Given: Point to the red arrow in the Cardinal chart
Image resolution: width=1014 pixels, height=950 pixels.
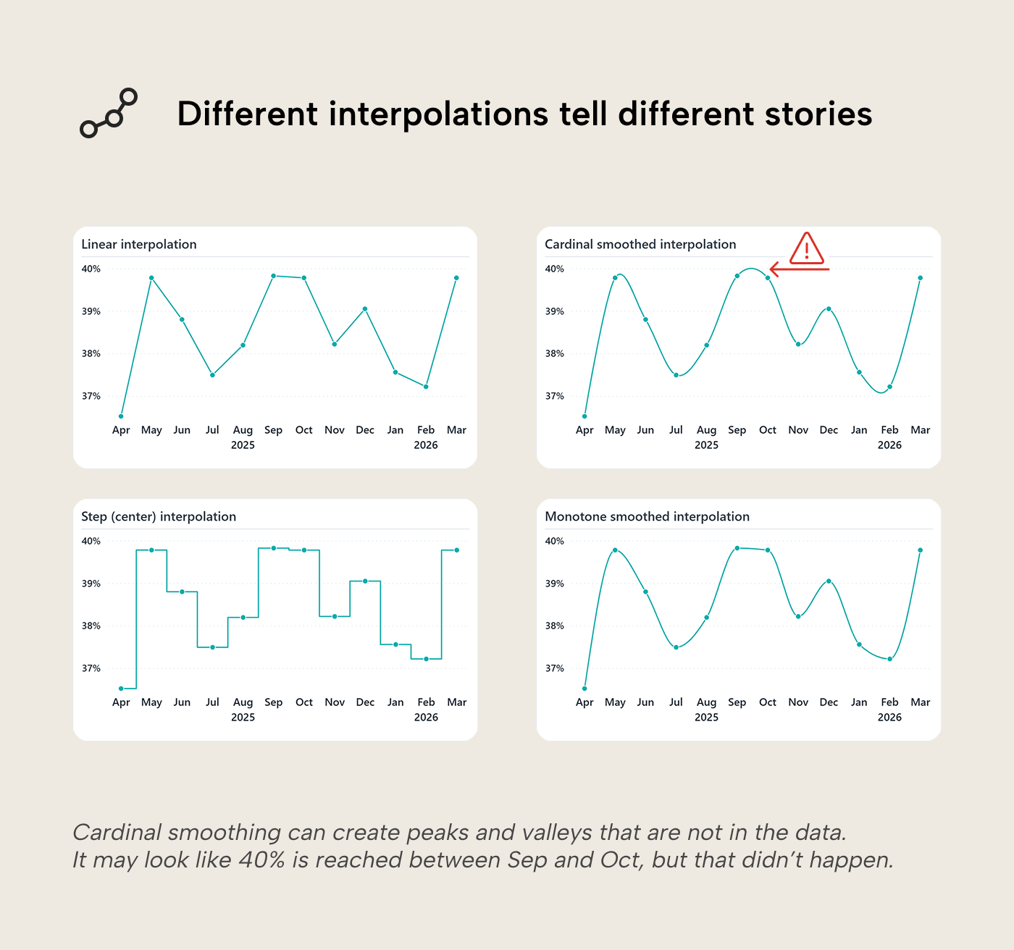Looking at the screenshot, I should (799, 269).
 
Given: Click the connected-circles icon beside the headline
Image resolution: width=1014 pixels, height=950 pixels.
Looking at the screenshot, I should (109, 114).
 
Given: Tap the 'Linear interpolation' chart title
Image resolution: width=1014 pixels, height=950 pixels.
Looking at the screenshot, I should (139, 245).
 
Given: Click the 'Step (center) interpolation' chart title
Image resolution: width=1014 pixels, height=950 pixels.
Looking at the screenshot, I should (159, 517).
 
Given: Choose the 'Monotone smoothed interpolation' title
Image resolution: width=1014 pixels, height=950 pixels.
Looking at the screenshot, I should (647, 517).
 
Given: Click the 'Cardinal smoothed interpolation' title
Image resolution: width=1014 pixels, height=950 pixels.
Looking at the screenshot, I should (640, 245).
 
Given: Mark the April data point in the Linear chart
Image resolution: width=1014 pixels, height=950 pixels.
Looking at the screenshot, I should (121, 416).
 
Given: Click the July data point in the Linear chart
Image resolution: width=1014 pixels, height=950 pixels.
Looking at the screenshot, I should (212, 375).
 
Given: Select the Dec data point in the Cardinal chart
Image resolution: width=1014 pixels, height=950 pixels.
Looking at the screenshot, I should (829, 309).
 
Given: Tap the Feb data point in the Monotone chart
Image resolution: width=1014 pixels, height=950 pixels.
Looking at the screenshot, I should (889, 659).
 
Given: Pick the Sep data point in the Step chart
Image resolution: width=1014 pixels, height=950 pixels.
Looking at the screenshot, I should (273, 548).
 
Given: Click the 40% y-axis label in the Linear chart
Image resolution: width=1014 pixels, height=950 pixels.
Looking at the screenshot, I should (91, 269).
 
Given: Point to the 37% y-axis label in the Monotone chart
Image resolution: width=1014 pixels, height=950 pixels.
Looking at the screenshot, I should (555, 669).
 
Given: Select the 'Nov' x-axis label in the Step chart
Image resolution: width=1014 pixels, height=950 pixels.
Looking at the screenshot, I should (335, 702).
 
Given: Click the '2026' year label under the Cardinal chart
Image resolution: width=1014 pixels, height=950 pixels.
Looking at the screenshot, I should (889, 445).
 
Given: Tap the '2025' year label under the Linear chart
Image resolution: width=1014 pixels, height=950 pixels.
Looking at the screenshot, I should (243, 445).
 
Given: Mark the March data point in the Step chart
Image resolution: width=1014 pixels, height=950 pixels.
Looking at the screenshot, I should (456, 550).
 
